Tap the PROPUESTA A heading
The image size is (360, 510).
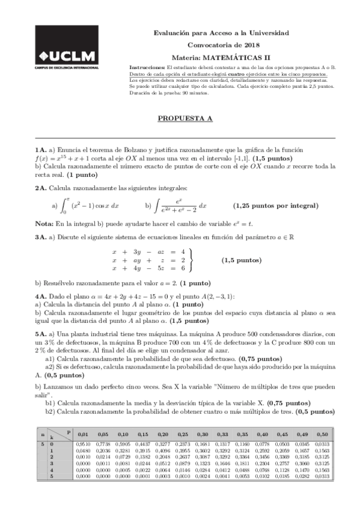185,118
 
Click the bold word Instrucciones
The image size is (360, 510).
147,67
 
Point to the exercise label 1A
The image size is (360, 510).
41,150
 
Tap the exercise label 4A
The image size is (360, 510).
41,297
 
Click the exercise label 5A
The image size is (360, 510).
41,333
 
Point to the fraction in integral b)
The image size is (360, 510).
177,206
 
